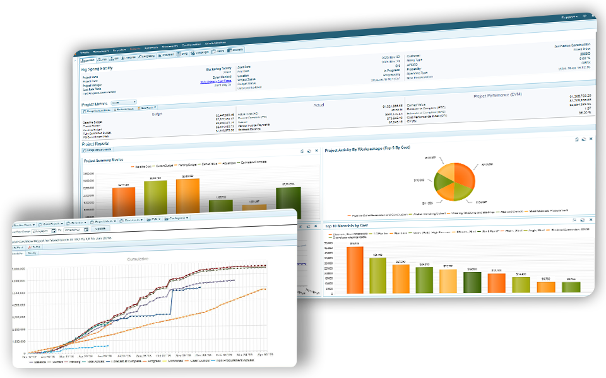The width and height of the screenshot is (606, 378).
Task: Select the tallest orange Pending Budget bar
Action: click(187, 197)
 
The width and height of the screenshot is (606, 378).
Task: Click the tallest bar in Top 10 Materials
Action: click(355, 270)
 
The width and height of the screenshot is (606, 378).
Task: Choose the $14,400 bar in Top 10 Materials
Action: click(521, 284)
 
